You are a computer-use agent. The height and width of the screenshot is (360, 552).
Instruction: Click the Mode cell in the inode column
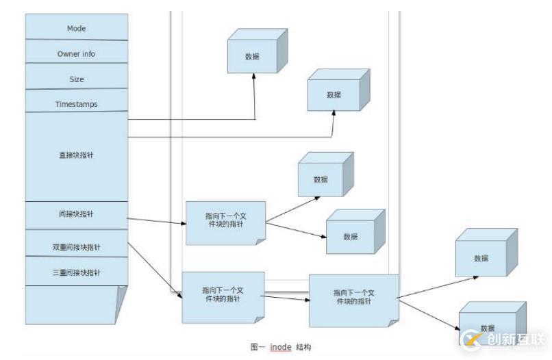tap(77, 28)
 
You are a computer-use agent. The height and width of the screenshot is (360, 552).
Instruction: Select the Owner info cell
tap(77, 53)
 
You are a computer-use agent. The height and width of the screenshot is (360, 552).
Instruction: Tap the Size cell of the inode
tap(77, 79)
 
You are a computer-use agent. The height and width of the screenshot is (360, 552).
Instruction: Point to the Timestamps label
tap(77, 104)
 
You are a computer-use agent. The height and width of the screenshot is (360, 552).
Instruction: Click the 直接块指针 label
tap(77, 155)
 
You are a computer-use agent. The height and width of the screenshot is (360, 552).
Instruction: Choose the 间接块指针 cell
tap(77, 214)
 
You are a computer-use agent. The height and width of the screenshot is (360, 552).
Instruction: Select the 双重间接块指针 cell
tap(77, 245)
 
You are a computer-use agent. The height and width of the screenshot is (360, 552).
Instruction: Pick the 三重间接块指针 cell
tap(77, 272)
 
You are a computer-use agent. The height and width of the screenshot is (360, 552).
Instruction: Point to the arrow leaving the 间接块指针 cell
tap(157, 221)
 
